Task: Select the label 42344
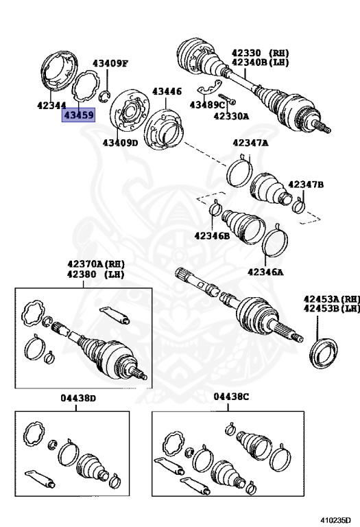pyautogui.click(x=52, y=105)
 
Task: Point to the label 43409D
pyautogui.click(x=120, y=143)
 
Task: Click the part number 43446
pyautogui.click(x=167, y=91)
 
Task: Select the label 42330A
pyautogui.click(x=231, y=116)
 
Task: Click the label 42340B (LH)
pyautogui.click(x=260, y=62)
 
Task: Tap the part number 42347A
pyautogui.click(x=250, y=143)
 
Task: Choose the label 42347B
pyautogui.click(x=306, y=185)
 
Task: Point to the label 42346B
pyautogui.click(x=212, y=235)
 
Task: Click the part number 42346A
pyautogui.click(x=265, y=271)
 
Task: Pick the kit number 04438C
pyautogui.click(x=231, y=397)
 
